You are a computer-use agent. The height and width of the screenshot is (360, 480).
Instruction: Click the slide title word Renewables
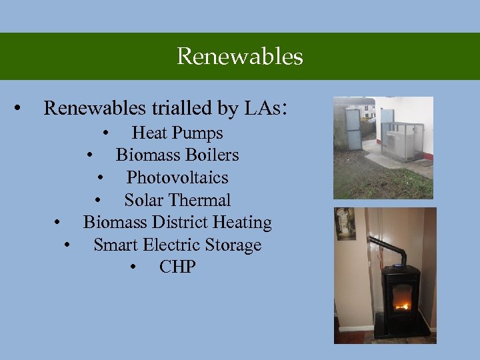240,56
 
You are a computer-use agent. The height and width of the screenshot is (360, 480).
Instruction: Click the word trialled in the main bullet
177,108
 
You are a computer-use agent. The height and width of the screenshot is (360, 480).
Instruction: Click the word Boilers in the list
213,155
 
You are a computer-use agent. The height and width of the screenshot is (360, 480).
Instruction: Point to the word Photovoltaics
177,178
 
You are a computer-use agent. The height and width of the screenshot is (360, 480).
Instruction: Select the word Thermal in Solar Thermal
200,200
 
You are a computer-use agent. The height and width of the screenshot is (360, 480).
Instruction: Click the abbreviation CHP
177,267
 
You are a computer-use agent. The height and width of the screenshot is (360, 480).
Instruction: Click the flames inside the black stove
401,305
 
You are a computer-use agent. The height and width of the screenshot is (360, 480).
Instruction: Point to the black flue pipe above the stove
393,251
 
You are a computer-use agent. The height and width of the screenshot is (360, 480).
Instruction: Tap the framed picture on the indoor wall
345,224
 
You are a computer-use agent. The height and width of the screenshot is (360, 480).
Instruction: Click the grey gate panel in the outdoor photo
353,129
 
